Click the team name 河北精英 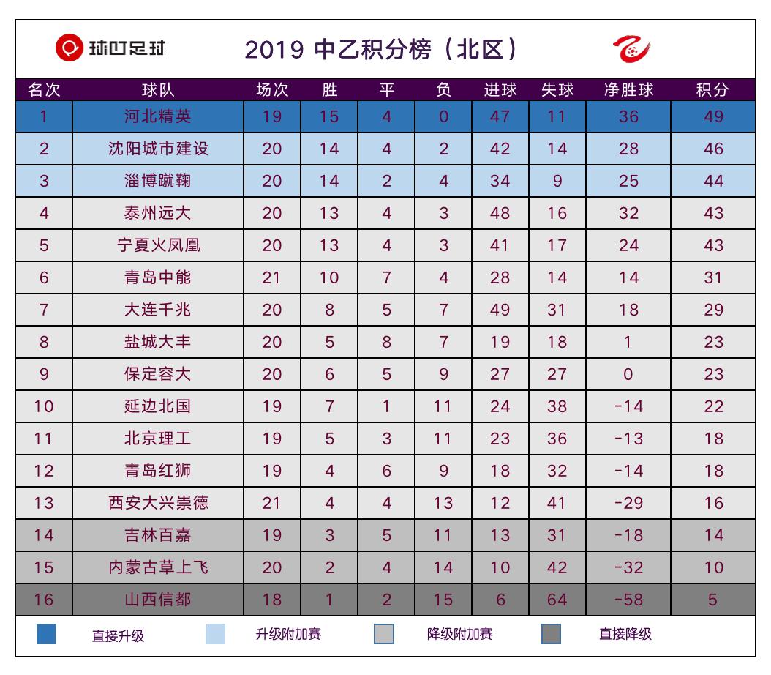(x=157, y=116)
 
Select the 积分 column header (x=712, y=90)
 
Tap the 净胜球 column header (x=628, y=90)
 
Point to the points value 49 (x=712, y=116)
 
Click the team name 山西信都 (x=157, y=600)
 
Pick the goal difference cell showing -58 (x=628, y=600)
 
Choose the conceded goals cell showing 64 (x=557, y=600)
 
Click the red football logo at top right (x=631, y=50)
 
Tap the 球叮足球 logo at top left (x=111, y=49)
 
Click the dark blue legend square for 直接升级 (x=46, y=634)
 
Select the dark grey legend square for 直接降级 (x=552, y=634)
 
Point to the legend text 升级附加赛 (x=287, y=634)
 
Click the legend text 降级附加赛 (x=459, y=634)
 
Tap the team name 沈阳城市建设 (x=157, y=149)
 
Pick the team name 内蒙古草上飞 (x=157, y=567)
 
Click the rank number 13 (x=44, y=503)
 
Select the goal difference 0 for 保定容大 (x=628, y=374)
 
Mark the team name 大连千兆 (x=157, y=310)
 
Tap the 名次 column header (x=44, y=90)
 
